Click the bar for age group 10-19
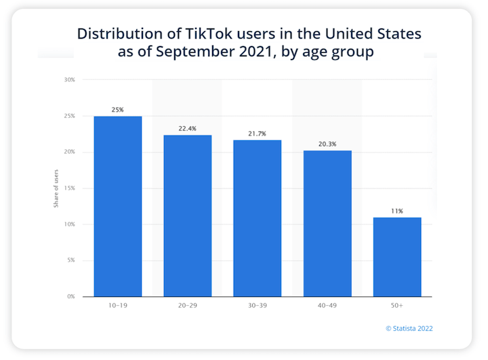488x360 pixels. click(118, 206)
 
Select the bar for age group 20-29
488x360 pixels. click(188, 216)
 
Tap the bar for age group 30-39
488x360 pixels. click(257, 218)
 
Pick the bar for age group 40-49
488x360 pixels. click(327, 223)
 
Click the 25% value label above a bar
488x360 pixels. click(118, 110)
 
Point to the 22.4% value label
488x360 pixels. click(188, 129)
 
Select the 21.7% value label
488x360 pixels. click(257, 134)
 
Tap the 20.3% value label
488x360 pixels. click(327, 144)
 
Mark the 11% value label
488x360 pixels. click(396, 211)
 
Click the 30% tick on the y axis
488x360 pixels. click(69, 80)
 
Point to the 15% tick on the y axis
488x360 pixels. click(69, 188)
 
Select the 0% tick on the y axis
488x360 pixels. click(70, 296)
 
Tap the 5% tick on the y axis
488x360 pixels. click(70, 260)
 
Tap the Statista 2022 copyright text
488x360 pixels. click(409, 329)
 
